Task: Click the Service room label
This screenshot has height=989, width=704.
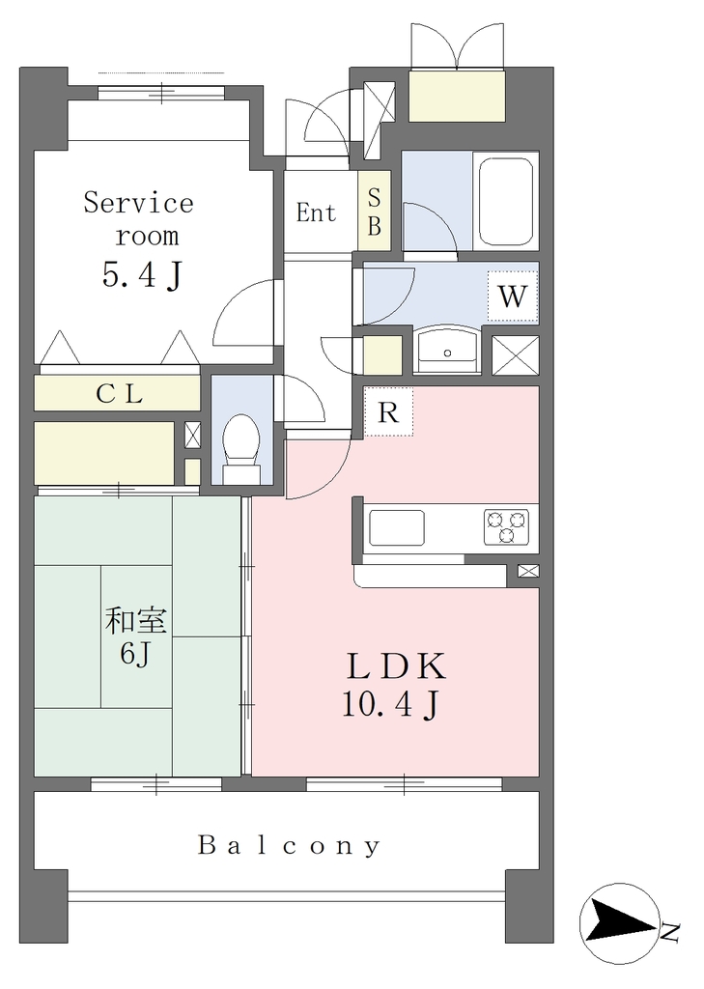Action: coord(139,219)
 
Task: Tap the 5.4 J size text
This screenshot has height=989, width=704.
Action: coord(143,275)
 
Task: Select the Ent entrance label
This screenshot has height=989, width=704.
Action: coord(316,212)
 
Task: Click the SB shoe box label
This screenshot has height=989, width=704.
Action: coord(374,212)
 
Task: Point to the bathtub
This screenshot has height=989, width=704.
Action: coord(507,202)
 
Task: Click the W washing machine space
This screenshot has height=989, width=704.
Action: coord(512,296)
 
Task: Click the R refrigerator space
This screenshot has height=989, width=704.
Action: coord(388,411)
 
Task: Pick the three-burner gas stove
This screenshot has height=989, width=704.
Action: coord(507,526)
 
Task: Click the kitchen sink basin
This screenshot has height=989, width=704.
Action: coord(397,527)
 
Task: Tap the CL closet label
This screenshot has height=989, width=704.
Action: coord(120,394)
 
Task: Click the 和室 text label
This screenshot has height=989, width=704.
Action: coord(135,621)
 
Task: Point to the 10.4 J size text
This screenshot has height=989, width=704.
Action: coord(390,703)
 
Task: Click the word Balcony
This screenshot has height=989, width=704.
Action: coord(290,845)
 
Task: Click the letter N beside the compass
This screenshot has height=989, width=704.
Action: coord(670,932)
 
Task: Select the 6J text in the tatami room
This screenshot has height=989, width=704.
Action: coord(135,654)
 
